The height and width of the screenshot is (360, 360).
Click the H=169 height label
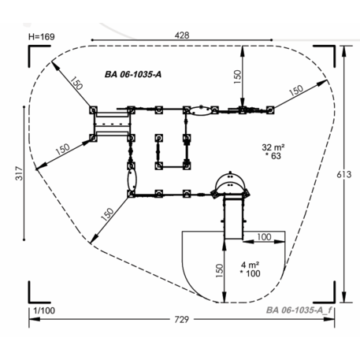point(42,37)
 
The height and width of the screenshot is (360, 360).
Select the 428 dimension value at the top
point(182,35)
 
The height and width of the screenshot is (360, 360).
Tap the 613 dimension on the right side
point(344,174)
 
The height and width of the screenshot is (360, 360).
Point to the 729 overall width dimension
point(182,319)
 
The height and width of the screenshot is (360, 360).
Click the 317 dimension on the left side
point(20,173)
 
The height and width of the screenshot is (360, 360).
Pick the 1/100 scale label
point(44,310)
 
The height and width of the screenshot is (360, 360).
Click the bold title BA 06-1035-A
point(133,75)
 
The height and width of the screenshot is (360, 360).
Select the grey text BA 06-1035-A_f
point(299,310)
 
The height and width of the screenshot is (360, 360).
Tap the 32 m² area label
point(273,147)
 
